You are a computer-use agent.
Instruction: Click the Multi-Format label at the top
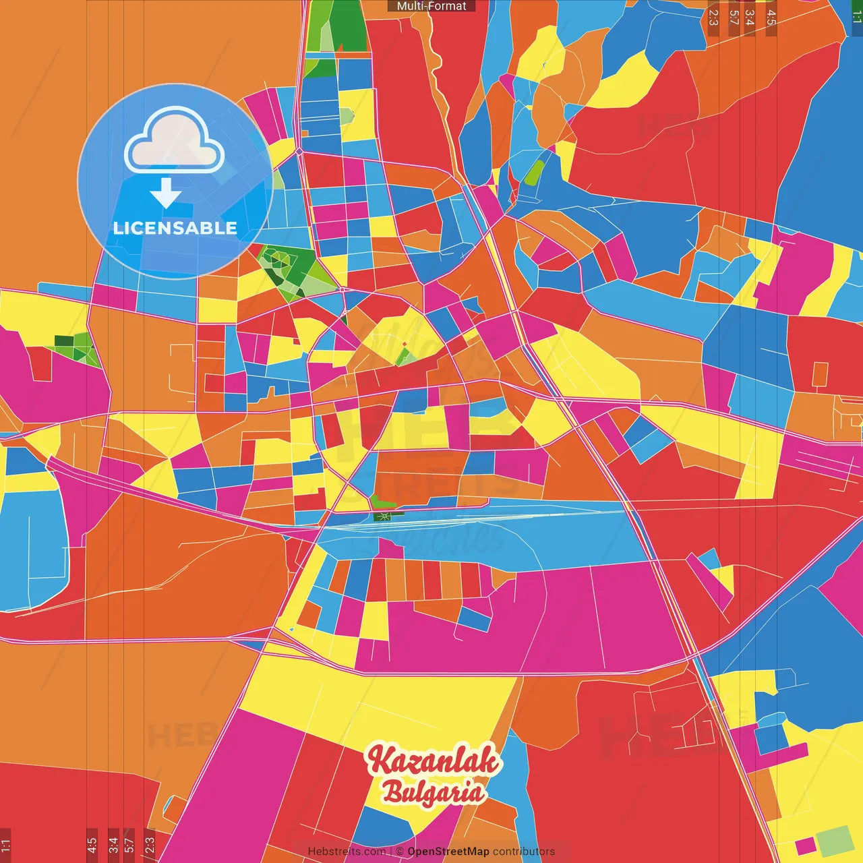[431, 6]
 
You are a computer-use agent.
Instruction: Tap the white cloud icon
[175, 142]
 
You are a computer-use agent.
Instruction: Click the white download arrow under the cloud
[166, 193]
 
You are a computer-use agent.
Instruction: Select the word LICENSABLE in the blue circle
[175, 228]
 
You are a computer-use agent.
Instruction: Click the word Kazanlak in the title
[433, 761]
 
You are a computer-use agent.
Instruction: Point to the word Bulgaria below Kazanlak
[434, 792]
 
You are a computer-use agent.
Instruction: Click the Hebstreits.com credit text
[347, 852]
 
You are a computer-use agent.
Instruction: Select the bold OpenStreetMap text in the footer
[448, 852]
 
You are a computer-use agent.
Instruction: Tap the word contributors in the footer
[524, 852]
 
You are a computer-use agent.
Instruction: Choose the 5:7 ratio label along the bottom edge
[129, 844]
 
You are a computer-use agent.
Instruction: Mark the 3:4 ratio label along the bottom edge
[113, 844]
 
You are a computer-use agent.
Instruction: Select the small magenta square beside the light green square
[804, 845]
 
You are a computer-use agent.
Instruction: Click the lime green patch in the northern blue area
[534, 173]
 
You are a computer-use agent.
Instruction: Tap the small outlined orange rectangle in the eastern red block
[820, 374]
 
